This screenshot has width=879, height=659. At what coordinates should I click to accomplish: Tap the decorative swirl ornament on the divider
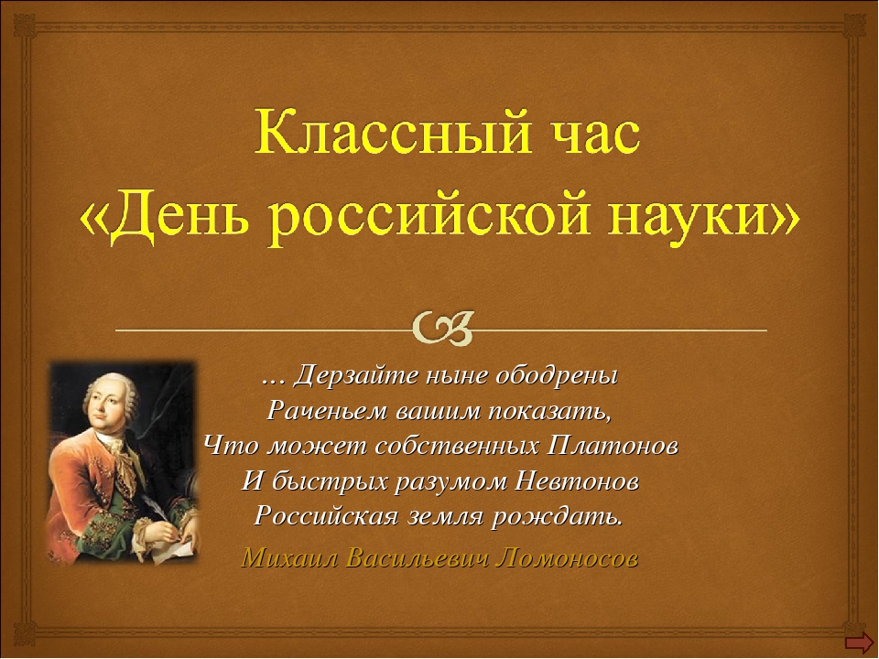point(443,329)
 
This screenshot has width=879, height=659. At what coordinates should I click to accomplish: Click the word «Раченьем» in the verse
point(328,412)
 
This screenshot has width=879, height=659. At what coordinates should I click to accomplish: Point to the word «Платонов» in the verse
point(613,446)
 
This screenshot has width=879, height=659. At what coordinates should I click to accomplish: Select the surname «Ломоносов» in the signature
point(569,558)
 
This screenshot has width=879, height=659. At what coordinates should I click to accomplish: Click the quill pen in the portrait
point(155,506)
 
